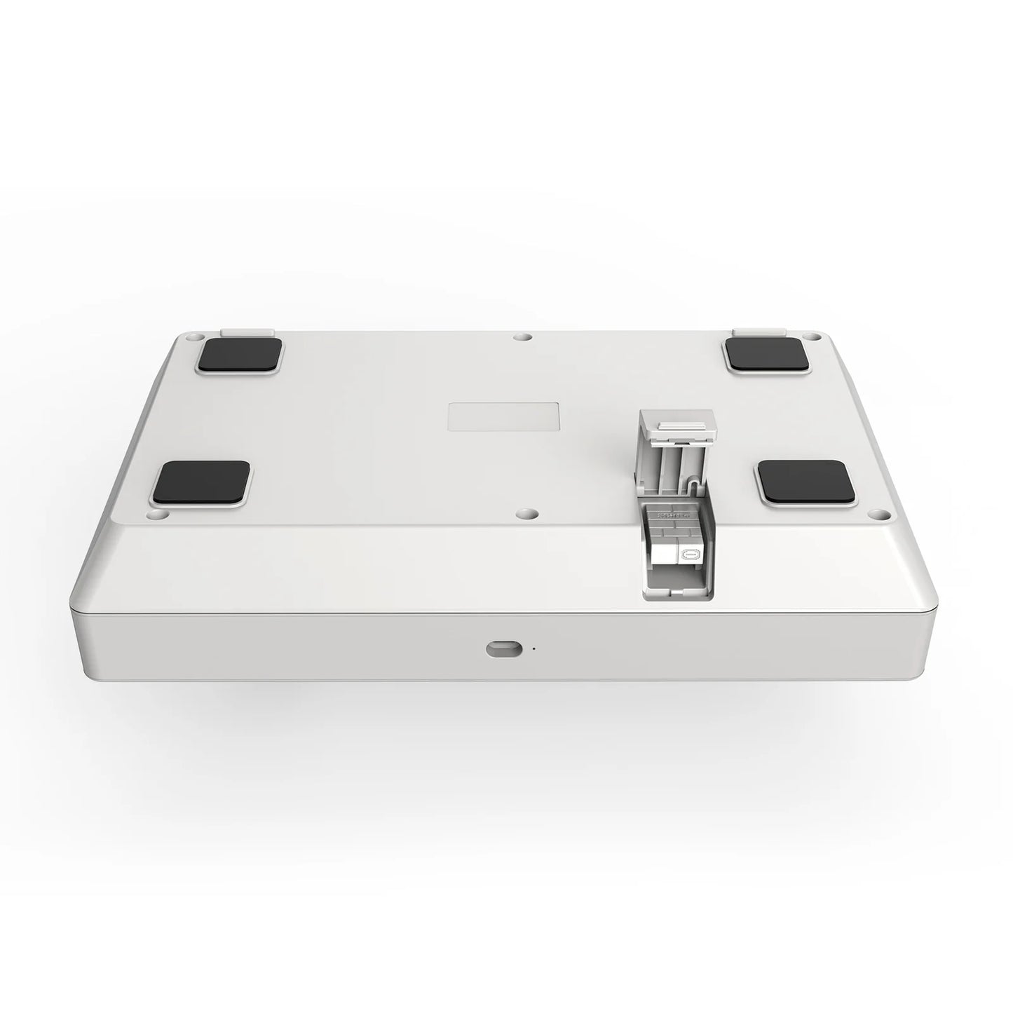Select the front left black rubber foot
(202, 483)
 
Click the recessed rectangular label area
(503, 415)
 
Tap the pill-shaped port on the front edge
(503, 649)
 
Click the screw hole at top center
(519, 337)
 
